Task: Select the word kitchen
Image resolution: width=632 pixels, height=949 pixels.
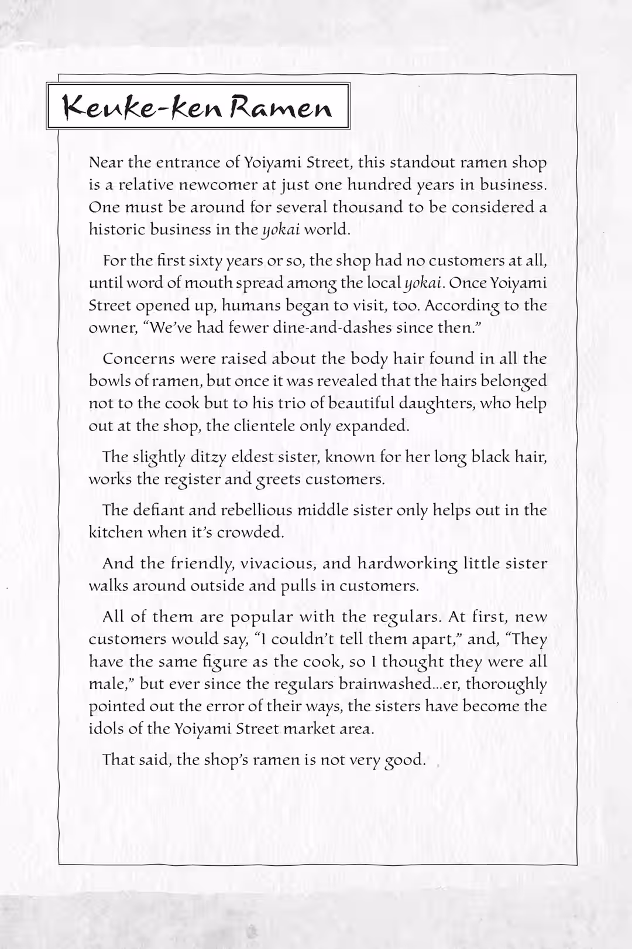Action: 115,532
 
